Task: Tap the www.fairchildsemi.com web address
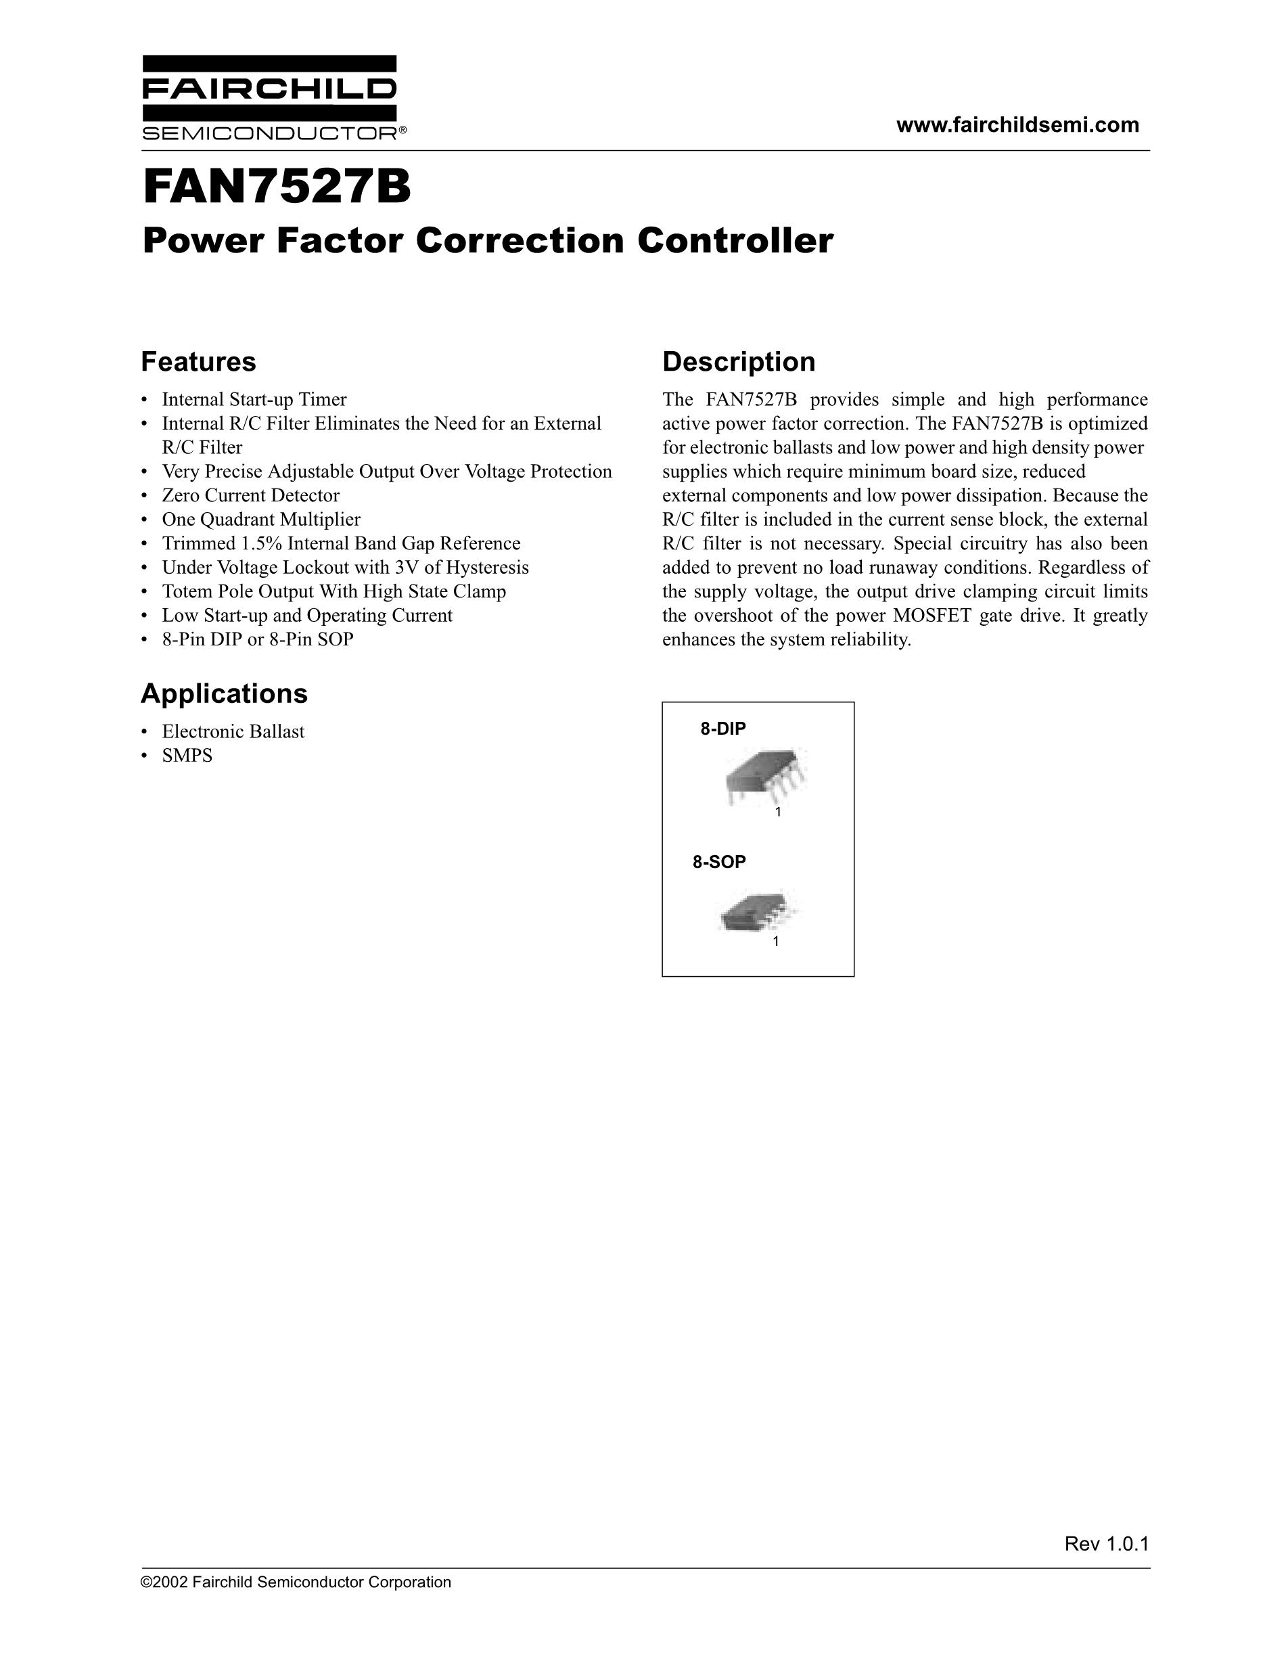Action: tap(1018, 125)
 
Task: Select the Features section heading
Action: tap(198, 361)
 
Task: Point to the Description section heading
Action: tap(738, 361)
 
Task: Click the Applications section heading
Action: tap(225, 693)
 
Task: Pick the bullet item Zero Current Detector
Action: tap(250, 495)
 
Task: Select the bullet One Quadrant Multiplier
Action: tap(261, 520)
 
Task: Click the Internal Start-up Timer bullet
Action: tap(254, 399)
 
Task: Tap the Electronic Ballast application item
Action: tap(233, 731)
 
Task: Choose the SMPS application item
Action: tap(187, 756)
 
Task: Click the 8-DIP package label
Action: tap(722, 728)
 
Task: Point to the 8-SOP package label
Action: tap(719, 862)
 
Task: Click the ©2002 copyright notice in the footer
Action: tap(296, 1582)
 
